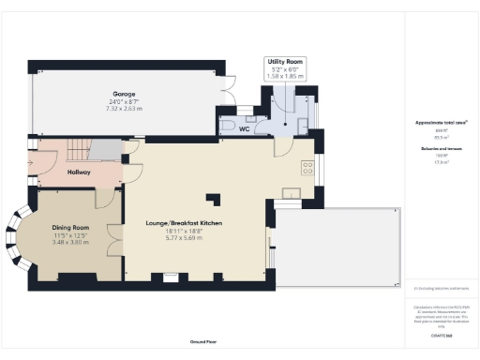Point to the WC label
click(x=244, y=129)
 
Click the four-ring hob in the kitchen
click(x=307, y=169)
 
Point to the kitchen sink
click(x=292, y=194)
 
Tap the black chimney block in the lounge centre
click(x=215, y=199)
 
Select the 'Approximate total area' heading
click(x=441, y=123)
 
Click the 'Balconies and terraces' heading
click(x=441, y=148)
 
